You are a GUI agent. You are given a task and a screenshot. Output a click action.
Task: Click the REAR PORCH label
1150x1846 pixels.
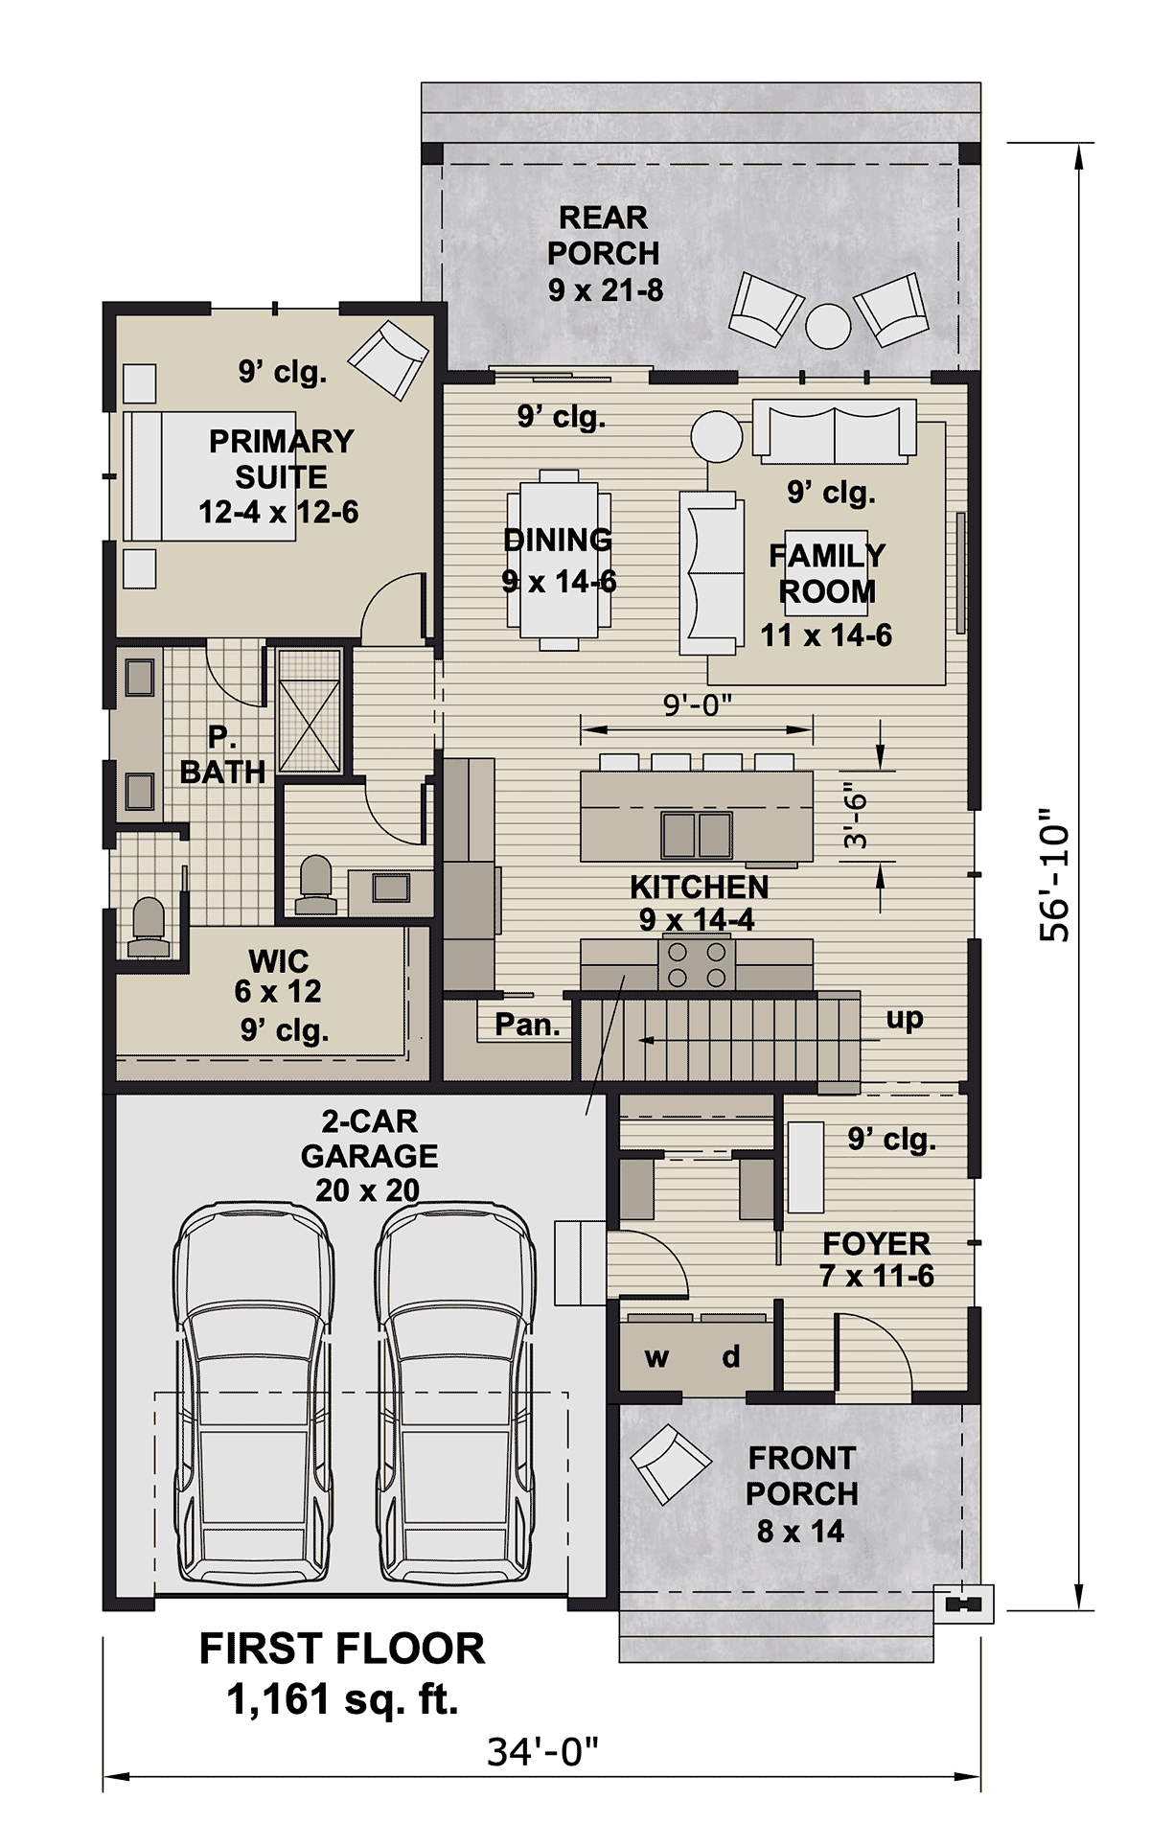[x=604, y=236]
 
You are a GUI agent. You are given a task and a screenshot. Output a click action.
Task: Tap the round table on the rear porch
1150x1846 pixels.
[x=828, y=326]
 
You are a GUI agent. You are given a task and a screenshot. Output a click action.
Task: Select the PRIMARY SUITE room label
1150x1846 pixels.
[x=281, y=459]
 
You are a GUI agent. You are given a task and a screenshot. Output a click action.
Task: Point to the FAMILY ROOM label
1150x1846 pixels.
[x=827, y=573]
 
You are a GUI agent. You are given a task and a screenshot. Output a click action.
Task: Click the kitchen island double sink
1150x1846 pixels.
[x=697, y=835]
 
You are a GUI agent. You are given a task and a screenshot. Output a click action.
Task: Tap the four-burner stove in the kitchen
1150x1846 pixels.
[x=697, y=964]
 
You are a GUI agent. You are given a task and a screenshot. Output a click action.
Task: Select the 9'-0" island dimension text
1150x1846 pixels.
[x=698, y=705]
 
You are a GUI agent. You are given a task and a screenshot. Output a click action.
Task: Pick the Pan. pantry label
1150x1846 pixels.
[x=527, y=1025]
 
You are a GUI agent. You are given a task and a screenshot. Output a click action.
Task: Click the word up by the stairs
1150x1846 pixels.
[x=904, y=1019]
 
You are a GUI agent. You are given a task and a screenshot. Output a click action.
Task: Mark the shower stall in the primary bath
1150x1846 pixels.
[x=310, y=710]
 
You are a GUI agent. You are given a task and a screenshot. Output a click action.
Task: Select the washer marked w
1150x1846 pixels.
[x=657, y=1356]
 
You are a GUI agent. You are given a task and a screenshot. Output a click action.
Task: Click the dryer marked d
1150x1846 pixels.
[x=731, y=1356]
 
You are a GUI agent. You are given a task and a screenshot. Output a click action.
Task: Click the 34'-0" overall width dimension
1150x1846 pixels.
[x=542, y=1752]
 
